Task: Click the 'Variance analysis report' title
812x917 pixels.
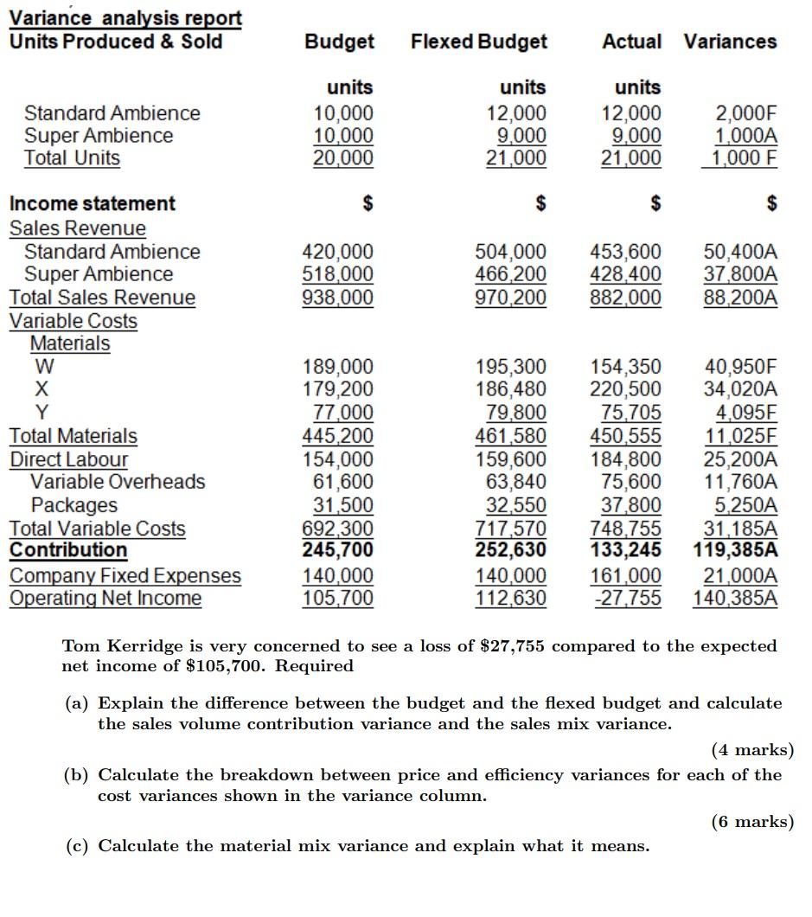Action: click(125, 17)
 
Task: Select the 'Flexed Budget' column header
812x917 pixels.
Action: click(479, 42)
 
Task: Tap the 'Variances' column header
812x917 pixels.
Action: click(730, 42)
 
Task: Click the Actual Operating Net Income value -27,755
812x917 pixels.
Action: click(628, 599)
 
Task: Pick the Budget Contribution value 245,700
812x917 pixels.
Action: click(337, 550)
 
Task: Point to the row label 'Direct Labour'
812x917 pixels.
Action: click(68, 459)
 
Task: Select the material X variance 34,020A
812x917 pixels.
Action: click(740, 389)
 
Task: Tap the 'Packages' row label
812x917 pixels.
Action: click(74, 505)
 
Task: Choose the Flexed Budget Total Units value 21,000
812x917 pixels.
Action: click(515, 158)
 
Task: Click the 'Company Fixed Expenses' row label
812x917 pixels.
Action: click(125, 576)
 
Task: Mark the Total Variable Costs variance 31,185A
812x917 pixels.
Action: click(740, 529)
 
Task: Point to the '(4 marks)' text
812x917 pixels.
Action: click(751, 750)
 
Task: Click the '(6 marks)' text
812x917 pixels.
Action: click(751, 822)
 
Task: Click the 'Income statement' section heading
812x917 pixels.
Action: click(92, 204)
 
